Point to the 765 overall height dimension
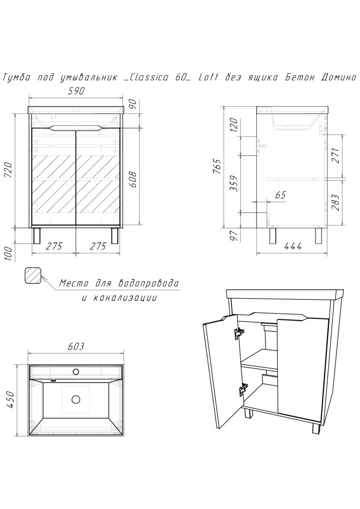218,171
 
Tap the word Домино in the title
337,77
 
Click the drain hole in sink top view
76,400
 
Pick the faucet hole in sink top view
76,372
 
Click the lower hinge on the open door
243,389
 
